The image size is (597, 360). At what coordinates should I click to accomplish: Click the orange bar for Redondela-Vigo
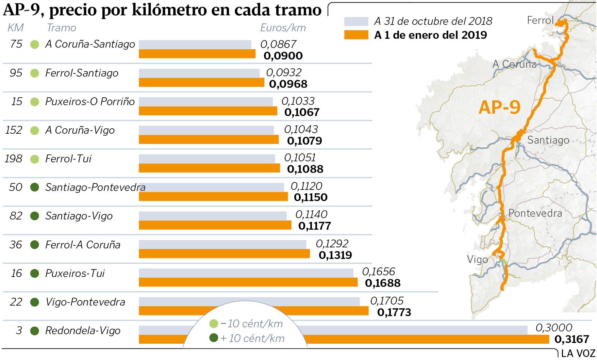[x=425, y=339]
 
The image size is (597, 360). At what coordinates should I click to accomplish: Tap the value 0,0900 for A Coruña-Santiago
[x=283, y=56]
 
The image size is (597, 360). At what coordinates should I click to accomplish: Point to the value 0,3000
[x=554, y=328]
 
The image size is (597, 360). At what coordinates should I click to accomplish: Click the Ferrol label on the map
[x=540, y=20]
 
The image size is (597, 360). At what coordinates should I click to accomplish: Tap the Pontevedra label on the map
[x=535, y=213]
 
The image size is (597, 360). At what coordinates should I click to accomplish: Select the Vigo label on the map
[x=477, y=260]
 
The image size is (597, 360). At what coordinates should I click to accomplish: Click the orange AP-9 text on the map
[x=499, y=108]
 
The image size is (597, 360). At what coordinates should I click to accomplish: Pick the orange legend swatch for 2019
[x=356, y=35]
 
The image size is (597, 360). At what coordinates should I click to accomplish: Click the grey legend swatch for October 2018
[x=356, y=21]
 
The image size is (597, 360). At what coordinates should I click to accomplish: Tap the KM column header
[x=16, y=28]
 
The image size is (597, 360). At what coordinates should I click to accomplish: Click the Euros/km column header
[x=283, y=28]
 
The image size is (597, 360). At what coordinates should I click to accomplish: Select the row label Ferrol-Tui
[x=68, y=159]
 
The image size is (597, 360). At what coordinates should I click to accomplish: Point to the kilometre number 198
[x=14, y=159]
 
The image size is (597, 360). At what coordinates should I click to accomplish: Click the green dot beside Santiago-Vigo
[x=35, y=216]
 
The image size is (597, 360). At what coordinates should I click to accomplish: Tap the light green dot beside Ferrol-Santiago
[x=35, y=73]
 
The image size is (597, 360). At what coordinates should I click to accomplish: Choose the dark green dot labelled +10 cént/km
[x=214, y=338]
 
